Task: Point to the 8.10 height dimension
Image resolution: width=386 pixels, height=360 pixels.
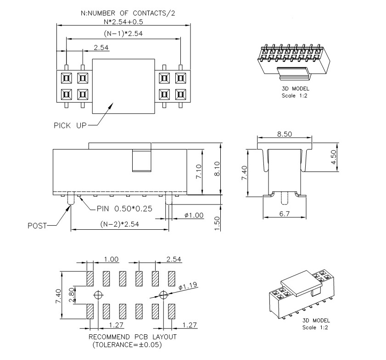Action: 218,170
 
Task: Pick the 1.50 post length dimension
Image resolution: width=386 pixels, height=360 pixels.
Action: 218,222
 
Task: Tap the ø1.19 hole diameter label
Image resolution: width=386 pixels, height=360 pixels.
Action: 187,286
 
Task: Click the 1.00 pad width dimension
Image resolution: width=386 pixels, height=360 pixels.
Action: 111,259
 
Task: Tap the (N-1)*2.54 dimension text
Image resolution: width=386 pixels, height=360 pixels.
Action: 123,33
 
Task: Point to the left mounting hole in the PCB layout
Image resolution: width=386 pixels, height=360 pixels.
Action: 97,294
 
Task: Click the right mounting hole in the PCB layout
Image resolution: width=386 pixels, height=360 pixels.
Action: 163,294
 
